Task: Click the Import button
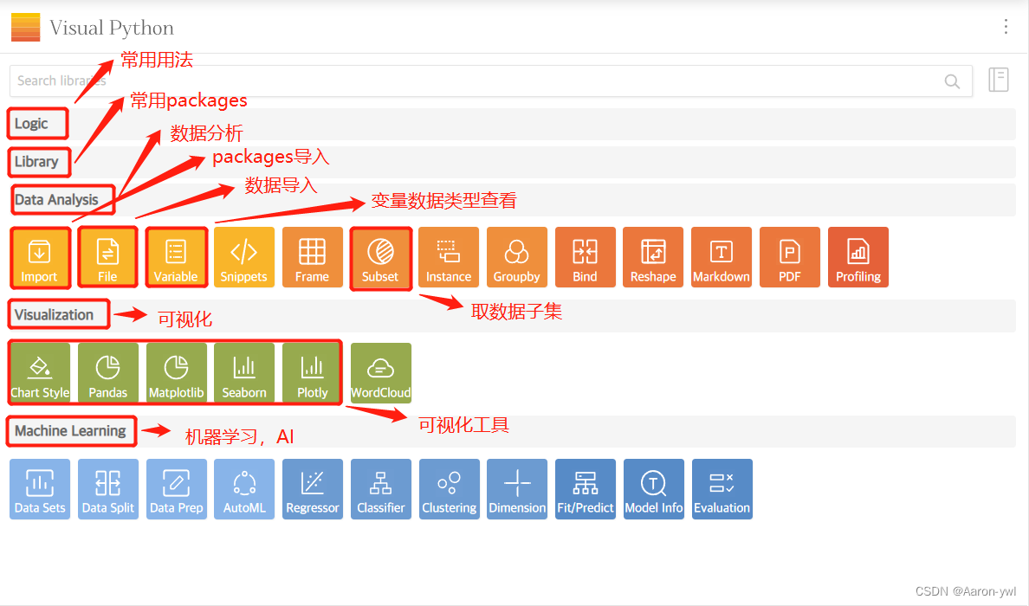(x=39, y=257)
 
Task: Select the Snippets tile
(x=244, y=257)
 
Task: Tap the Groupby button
(x=517, y=257)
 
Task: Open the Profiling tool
(x=858, y=257)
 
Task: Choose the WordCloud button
(x=381, y=373)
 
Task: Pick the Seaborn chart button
(x=244, y=373)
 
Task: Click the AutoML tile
(x=244, y=489)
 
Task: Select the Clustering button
(x=450, y=489)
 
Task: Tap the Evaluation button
(x=722, y=489)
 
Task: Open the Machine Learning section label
(x=70, y=431)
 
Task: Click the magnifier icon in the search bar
(x=952, y=81)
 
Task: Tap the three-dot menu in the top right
(x=1006, y=27)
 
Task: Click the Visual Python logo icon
(x=25, y=28)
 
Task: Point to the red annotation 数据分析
(x=206, y=133)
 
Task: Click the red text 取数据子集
(x=516, y=312)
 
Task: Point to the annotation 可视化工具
(x=463, y=424)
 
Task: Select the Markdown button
(x=722, y=257)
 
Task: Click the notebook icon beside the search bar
(x=999, y=80)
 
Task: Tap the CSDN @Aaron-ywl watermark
(x=966, y=591)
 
